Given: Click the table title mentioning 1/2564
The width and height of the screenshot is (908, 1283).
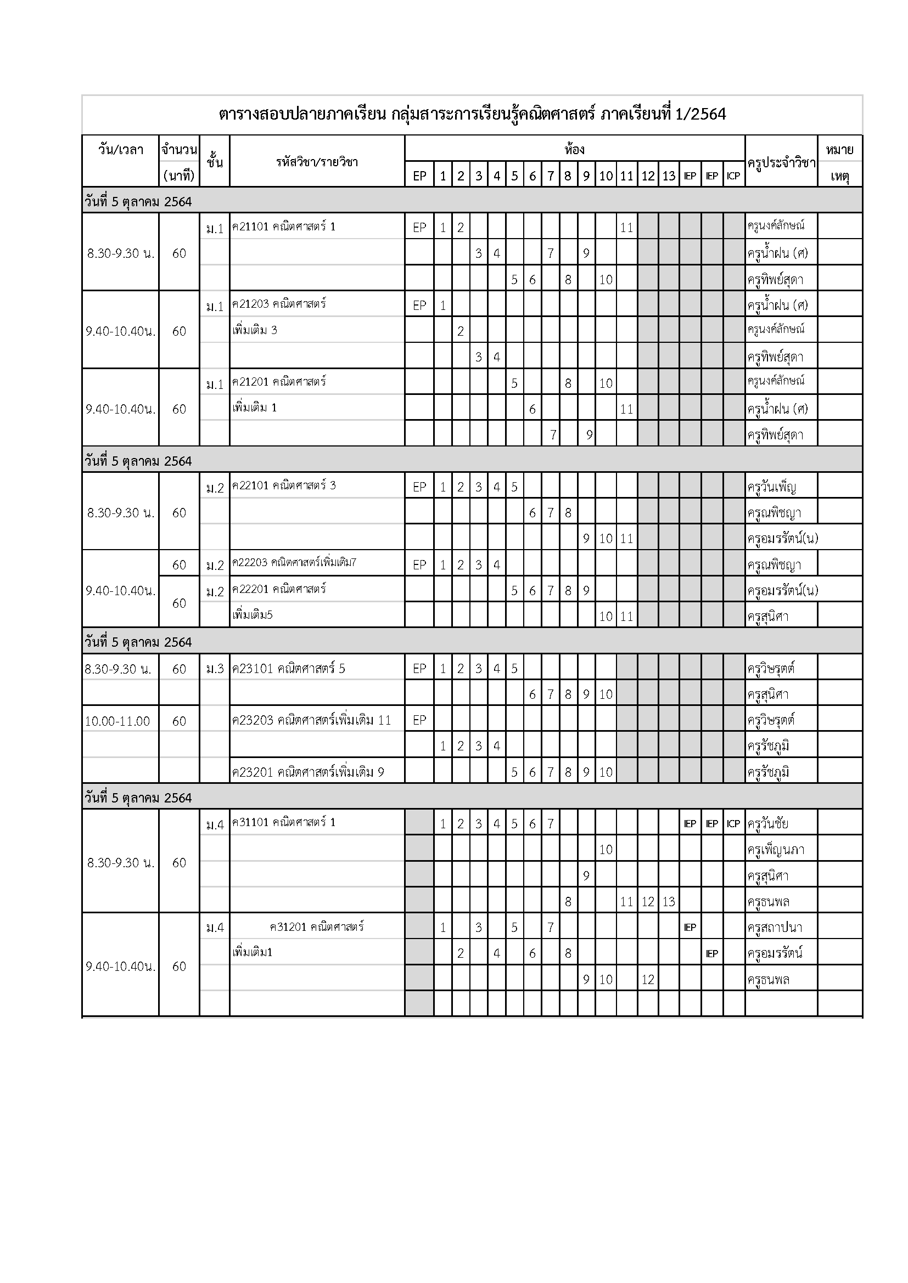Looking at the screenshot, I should tap(472, 115).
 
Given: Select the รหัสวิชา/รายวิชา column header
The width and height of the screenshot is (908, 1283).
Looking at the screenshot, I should tap(316, 162).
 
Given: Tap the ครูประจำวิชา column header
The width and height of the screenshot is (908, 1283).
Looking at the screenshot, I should tap(781, 162).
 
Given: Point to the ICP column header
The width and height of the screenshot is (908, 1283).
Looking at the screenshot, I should tap(733, 176).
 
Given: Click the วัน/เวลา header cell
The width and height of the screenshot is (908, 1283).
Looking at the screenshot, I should tap(120, 150).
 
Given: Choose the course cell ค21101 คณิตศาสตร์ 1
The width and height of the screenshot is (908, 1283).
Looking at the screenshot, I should tap(284, 227).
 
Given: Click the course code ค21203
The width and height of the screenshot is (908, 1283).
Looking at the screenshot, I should tap(250, 304).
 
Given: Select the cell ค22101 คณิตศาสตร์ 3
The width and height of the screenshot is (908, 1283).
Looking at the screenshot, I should tap(284, 485).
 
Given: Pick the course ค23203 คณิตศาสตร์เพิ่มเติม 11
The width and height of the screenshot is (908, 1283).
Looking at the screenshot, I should tap(311, 720).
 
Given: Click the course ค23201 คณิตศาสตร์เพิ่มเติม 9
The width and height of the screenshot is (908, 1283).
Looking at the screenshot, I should tap(308, 772).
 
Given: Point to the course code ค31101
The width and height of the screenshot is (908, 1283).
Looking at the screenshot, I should tap(250, 823).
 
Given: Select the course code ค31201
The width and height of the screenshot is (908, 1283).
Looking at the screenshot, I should tap(288, 927).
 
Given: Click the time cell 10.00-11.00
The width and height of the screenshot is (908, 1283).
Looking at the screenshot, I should tap(117, 721).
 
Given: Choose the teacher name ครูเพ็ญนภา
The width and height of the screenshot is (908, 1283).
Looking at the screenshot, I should tap(775, 850).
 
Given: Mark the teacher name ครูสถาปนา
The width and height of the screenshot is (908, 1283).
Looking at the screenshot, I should tap(775, 928).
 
